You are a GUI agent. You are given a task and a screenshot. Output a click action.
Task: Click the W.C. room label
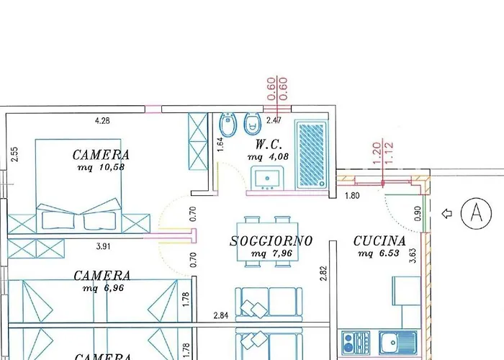pyautogui.click(x=269, y=145)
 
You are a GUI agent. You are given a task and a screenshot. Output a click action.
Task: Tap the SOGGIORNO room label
pyautogui.click(x=271, y=241)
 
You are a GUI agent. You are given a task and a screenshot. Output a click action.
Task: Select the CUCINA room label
pyautogui.click(x=379, y=241)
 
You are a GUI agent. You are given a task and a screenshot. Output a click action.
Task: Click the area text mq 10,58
pyautogui.click(x=102, y=168)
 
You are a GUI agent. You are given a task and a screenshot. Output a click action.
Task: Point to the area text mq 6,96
pyautogui.click(x=103, y=288)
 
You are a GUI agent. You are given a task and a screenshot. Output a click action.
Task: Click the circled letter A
pyautogui.click(x=476, y=213)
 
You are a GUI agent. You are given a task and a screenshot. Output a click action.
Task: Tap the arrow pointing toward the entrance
pyautogui.click(x=447, y=213)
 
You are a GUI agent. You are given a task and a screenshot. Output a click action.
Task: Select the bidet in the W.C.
pyautogui.click(x=228, y=125)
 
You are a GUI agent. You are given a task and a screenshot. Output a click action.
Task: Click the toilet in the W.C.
pyautogui.click(x=252, y=124)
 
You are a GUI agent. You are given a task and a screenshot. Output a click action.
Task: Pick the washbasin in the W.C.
pyautogui.click(x=267, y=179)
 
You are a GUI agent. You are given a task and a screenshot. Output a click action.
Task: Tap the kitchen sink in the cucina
pyautogui.click(x=398, y=342)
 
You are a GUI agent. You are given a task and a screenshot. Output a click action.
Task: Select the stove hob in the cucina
pyautogui.click(x=356, y=343)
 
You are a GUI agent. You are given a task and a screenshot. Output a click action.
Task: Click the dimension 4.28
pyautogui.click(x=102, y=121)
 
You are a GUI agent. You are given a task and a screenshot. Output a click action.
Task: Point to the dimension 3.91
pyautogui.click(x=103, y=246)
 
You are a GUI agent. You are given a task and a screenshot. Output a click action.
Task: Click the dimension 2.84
pyautogui.click(x=221, y=315)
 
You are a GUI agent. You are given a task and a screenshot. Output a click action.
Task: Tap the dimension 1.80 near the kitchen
pyautogui.click(x=352, y=196)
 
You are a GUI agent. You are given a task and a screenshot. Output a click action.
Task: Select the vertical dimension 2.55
pyautogui.click(x=15, y=154)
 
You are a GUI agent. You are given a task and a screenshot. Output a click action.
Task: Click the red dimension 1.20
pyautogui.click(x=377, y=153)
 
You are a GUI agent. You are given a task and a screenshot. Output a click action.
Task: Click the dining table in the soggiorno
pyautogui.click(x=267, y=242)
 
